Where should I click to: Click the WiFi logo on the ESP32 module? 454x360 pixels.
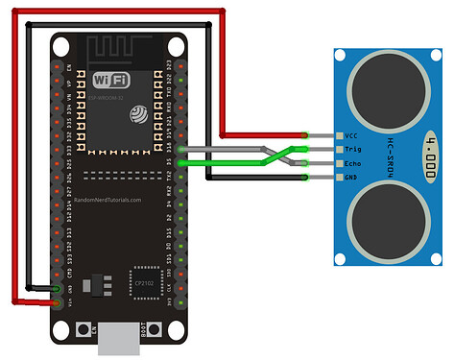pos(112,80)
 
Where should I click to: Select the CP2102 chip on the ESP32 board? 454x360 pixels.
pos(144,278)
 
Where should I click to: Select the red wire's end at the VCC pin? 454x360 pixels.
pos(304,136)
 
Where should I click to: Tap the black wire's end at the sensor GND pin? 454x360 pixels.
pos(304,178)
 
